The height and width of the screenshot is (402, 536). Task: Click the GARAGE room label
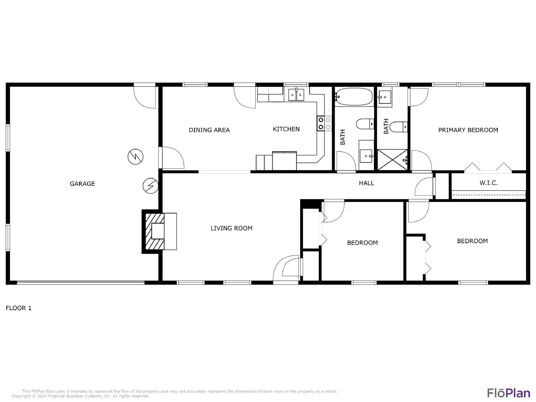point(82,184)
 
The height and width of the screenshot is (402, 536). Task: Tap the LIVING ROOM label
point(231,228)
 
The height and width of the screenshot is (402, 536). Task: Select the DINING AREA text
point(209,130)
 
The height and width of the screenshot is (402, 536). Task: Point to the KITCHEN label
point(286,129)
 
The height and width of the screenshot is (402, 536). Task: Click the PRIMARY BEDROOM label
point(468,130)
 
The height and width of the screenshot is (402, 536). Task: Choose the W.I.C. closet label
point(488,183)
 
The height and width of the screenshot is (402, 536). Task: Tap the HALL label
point(366,183)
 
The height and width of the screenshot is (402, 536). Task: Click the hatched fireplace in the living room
point(154,231)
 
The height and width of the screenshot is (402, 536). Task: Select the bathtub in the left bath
point(354,96)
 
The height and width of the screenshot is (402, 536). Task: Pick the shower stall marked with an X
point(392,160)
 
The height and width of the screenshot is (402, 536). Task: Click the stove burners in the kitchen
point(324,123)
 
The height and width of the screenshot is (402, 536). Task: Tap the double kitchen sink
point(296,95)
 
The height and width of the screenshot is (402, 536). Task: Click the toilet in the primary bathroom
point(398,127)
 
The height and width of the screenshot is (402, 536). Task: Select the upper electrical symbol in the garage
point(136,156)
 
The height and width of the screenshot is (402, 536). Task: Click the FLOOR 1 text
point(18,308)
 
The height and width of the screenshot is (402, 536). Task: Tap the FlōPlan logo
point(508,393)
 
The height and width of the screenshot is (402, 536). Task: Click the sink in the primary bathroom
point(385,97)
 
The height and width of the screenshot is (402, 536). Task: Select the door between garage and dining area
point(173,157)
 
